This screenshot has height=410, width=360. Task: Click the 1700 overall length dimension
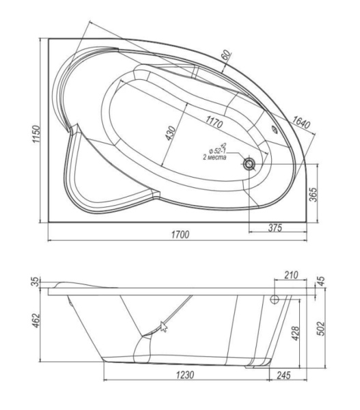pos(180,234)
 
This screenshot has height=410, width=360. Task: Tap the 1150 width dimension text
pos(36,134)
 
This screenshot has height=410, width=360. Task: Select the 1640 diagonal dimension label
pos(301,122)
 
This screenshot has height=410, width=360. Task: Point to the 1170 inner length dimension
pos(214,122)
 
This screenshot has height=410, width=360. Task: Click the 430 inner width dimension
pos(170,133)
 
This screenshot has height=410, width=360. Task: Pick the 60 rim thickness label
pos(227,55)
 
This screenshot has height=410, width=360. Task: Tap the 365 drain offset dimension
pos(313,194)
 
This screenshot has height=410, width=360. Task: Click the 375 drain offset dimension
pos(275,228)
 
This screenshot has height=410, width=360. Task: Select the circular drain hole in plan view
pos(249,164)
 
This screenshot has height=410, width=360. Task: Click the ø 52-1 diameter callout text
pos(217,150)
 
